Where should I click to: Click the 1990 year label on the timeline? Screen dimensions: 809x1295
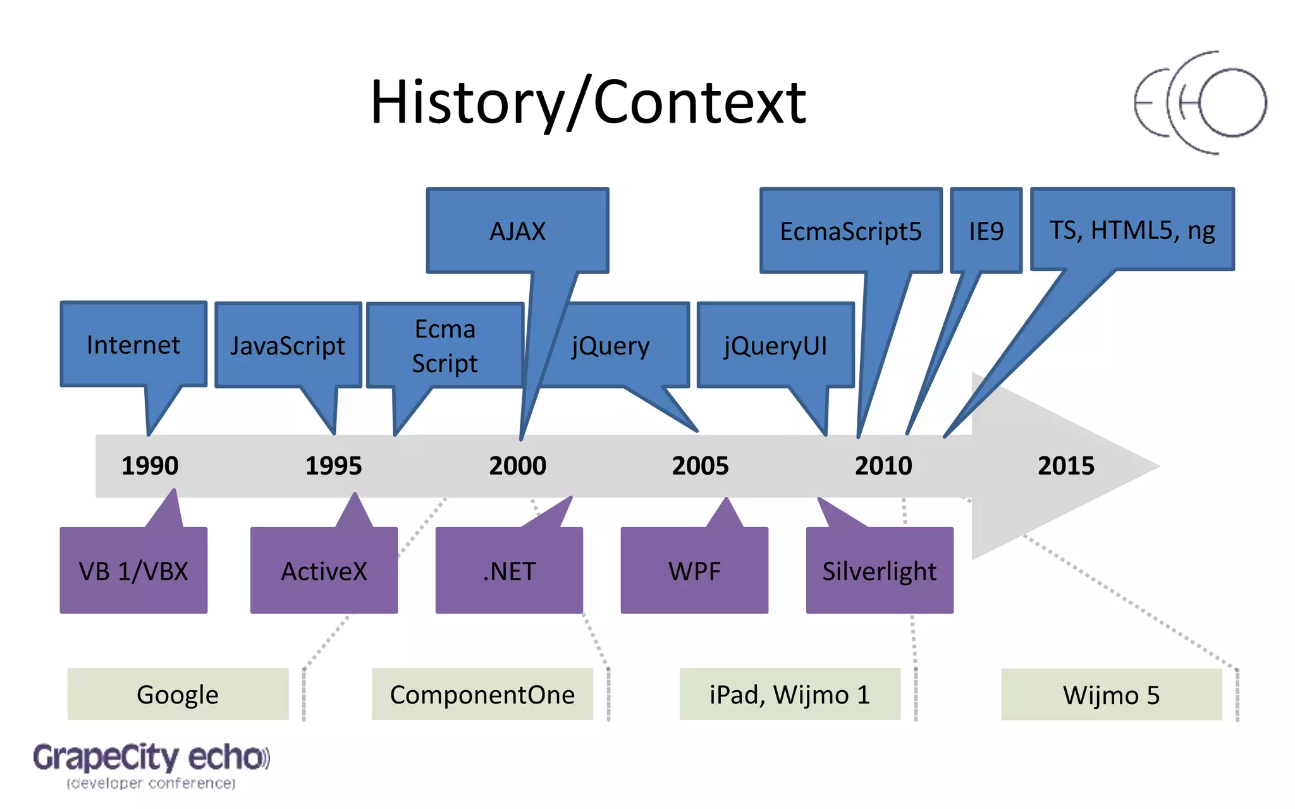[150, 466]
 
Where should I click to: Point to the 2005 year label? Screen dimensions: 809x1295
[700, 466]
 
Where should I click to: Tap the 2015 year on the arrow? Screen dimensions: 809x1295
[1066, 466]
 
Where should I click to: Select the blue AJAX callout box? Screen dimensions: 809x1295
[517, 231]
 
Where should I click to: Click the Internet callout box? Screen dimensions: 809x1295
[133, 344]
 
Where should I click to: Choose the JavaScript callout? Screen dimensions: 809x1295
[288, 345]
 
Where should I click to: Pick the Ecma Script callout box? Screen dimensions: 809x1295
[445, 346]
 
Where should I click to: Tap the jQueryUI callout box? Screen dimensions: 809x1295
[775, 345]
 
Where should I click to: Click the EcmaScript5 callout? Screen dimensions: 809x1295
[850, 231]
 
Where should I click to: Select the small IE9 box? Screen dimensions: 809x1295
[986, 231]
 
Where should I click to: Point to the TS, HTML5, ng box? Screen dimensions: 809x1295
[1132, 229]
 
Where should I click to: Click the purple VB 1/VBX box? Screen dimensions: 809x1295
[133, 571]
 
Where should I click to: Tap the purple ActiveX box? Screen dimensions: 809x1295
[324, 571]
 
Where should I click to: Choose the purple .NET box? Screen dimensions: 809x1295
[509, 571]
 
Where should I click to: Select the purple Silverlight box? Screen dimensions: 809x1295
[880, 571]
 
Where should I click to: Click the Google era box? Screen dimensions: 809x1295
[178, 694]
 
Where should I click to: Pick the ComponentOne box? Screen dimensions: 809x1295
[482, 694]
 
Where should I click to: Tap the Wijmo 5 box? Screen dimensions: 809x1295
[1111, 695]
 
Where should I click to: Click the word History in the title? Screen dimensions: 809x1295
[467, 102]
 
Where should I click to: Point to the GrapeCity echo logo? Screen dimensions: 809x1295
[151, 763]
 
